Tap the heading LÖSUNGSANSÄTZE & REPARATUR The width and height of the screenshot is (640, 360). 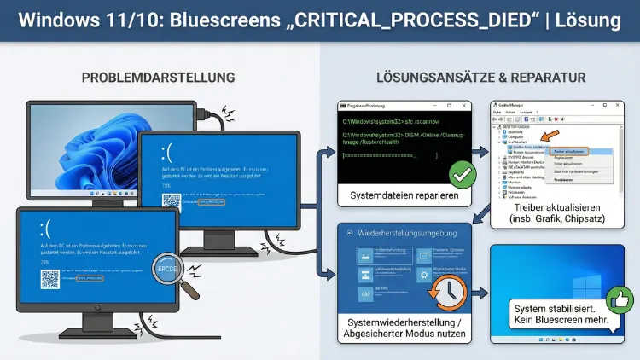pos(480,78)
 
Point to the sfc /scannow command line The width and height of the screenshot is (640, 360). pos(387,122)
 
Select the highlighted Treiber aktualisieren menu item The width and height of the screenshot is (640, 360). pos(567,150)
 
